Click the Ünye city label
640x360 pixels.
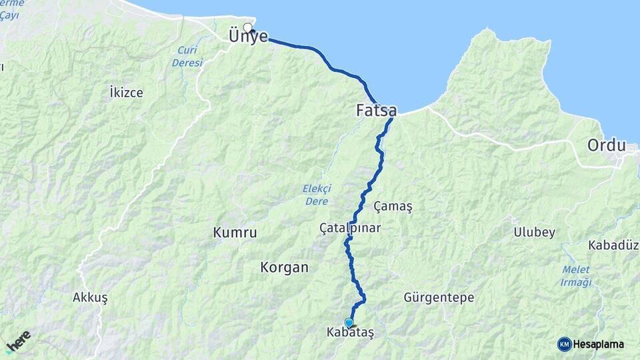coord(249,37)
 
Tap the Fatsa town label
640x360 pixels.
coord(377,111)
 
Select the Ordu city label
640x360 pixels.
coord(606,145)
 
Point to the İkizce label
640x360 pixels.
coord(126,93)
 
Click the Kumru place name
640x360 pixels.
coord(235,233)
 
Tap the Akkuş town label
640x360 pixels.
coord(90,297)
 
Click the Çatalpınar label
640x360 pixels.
coord(350,228)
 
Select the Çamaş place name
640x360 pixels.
coord(393,206)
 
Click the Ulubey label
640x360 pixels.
coord(534,232)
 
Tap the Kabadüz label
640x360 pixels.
coord(613,245)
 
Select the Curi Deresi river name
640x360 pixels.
coord(187,57)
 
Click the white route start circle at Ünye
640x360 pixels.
coord(248,28)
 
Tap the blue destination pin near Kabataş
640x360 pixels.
coord(349,323)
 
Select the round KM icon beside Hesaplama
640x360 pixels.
coord(564,344)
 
